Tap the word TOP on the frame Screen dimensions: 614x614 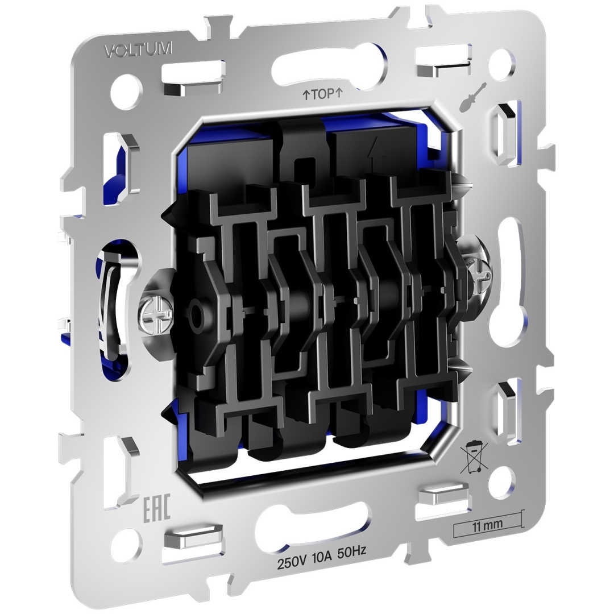tap(323, 94)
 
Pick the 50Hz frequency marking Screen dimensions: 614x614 tap(352, 551)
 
